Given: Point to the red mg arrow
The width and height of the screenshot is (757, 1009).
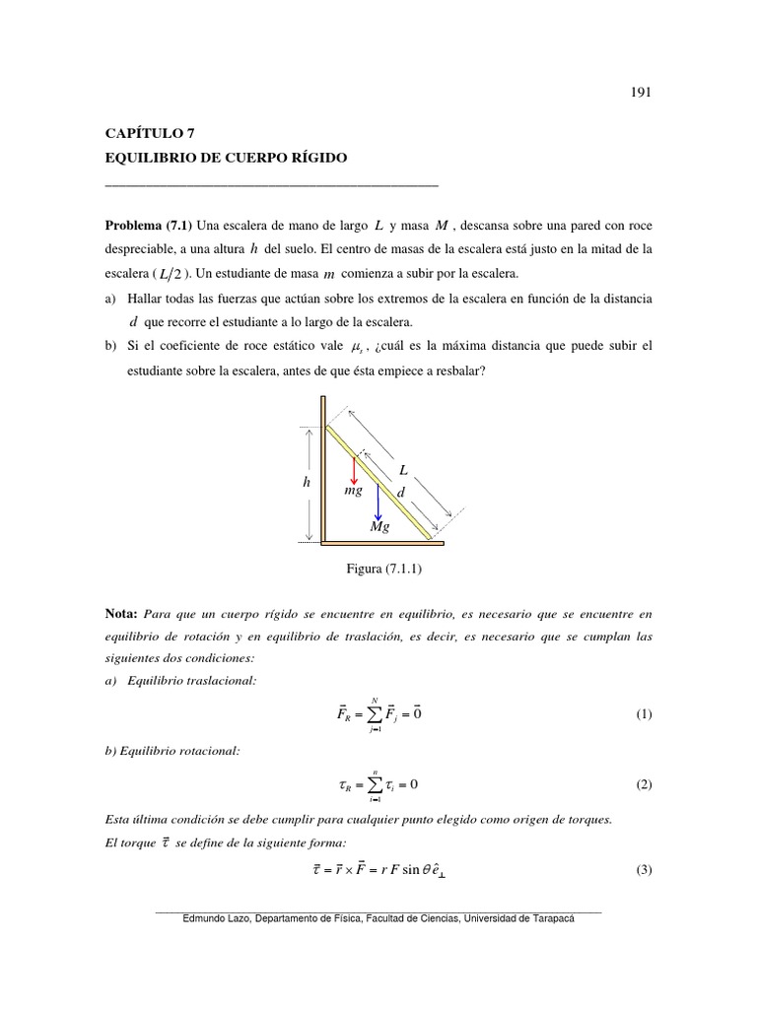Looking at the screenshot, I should pyautogui.click(x=354, y=468).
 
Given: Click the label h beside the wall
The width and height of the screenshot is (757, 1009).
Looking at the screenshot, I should pyautogui.click(x=308, y=483).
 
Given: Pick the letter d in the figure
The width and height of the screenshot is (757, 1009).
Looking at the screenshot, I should pyautogui.click(x=399, y=492).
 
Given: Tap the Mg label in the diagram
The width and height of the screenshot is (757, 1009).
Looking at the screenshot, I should pyautogui.click(x=378, y=528).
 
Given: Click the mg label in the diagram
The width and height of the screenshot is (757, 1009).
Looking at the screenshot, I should pyautogui.click(x=354, y=489).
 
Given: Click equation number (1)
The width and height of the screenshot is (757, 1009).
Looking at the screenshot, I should pyautogui.click(x=644, y=714).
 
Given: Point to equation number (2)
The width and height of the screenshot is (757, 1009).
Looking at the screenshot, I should pyautogui.click(x=644, y=784).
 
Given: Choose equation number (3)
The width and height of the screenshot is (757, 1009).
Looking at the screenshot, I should pyautogui.click(x=644, y=870).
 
